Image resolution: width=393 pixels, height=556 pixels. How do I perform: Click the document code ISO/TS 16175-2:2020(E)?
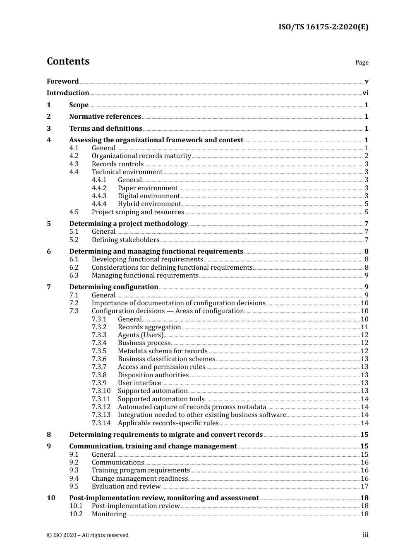pos(323,27)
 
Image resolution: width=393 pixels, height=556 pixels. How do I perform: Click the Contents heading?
pos(68,61)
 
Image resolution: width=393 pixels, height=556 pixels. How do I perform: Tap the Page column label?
pos(362,62)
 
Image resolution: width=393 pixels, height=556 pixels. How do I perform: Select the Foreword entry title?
pos(62,81)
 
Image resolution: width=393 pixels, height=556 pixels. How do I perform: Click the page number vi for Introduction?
pos(365,93)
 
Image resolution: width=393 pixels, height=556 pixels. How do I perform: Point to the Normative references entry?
pos(105,117)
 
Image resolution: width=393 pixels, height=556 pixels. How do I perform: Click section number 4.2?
pos(74,156)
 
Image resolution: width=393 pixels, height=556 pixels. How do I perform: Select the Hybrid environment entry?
pos(149,204)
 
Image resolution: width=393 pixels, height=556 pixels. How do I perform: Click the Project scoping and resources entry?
pos(138,212)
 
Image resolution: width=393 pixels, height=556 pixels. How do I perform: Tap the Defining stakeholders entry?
pos(125,240)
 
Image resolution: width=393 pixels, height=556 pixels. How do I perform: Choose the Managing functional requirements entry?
pos(145,276)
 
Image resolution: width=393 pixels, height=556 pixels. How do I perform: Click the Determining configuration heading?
pos(114,287)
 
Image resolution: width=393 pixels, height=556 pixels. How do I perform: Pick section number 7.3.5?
pos(99,351)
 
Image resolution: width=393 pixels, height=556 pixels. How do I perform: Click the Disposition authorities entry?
pos(153,375)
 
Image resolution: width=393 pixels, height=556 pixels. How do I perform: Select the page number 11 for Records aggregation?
pos(364,327)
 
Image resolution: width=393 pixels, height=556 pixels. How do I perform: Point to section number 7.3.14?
pos(101,423)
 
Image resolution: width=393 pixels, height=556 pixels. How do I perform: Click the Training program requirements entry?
pos(141,470)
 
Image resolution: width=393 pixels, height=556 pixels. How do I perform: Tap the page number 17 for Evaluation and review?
pos(364,486)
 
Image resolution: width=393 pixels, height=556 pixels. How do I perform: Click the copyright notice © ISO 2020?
pos(88,535)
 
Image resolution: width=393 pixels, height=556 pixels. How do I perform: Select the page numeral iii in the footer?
pos(365,535)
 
